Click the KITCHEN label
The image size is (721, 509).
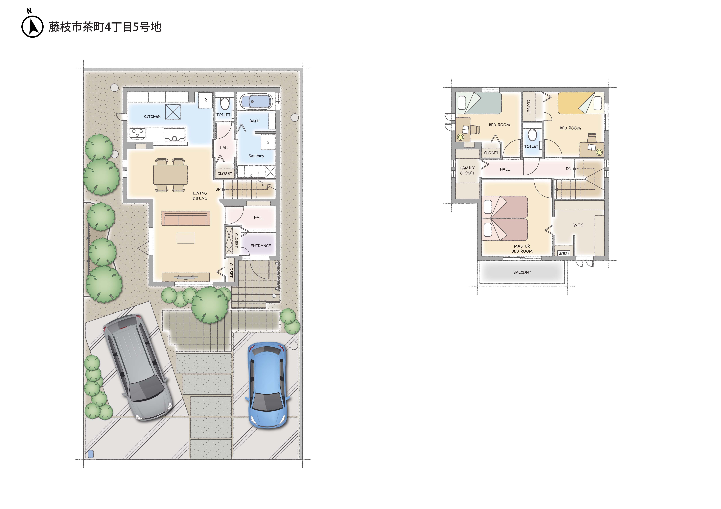click(152, 116)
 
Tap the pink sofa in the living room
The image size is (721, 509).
click(186, 218)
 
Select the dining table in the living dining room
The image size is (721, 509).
click(170, 175)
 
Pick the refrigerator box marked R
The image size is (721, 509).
click(205, 100)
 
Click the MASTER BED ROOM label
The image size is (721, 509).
click(522, 249)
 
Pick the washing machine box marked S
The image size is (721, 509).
click(268, 142)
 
